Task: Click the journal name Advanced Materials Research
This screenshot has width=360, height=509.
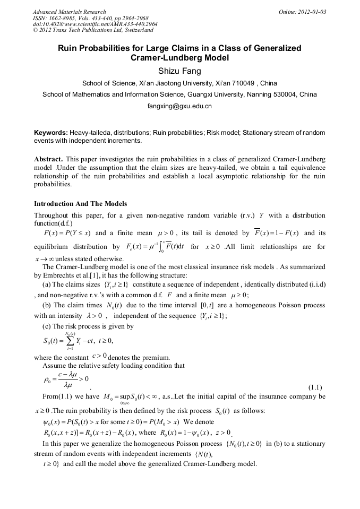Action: tap(69, 12)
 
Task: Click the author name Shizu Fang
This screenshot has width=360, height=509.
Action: tap(179, 71)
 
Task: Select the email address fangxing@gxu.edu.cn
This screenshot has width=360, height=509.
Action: tap(179, 106)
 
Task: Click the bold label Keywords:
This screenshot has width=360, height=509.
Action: tap(50, 132)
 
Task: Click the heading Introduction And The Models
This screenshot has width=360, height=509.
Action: tap(80, 204)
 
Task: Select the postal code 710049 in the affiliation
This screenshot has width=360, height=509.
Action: tap(236, 83)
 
